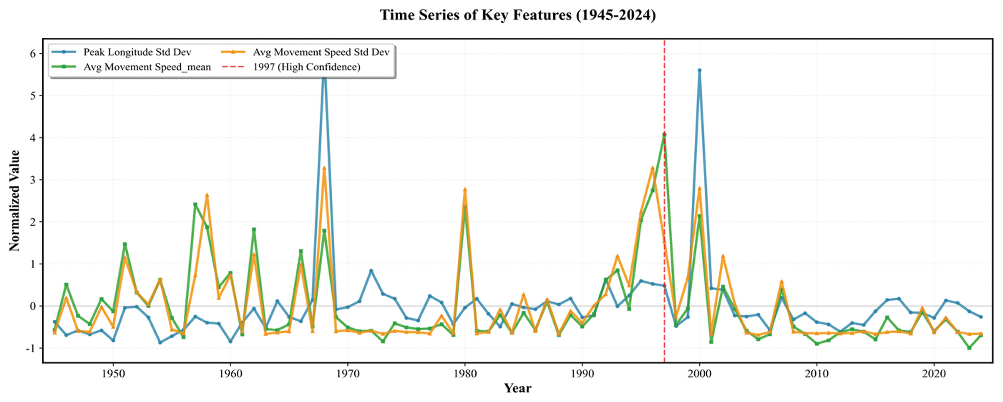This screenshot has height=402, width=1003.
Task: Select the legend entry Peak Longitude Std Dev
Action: pos(137,52)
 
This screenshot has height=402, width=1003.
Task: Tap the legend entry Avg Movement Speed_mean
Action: pos(147,67)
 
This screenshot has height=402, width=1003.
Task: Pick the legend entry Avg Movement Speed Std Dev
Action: pos(321,52)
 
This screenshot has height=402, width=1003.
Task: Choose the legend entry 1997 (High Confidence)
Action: pos(307,67)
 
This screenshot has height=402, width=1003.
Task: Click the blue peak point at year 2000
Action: pos(699,70)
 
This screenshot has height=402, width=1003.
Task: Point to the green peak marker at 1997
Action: pos(664,135)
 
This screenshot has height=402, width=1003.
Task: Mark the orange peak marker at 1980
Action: pos(465,190)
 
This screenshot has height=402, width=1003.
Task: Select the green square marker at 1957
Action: pos(195,204)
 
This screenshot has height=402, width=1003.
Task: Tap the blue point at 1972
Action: pos(371,271)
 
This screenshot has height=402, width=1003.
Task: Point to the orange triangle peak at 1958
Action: pos(207,195)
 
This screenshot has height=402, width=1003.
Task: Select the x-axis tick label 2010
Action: pos(817,374)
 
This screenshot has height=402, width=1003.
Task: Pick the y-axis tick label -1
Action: pos(30,348)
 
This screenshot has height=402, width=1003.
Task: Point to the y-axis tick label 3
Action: pos(33,180)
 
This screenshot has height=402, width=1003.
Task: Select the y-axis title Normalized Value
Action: pos(14,201)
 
